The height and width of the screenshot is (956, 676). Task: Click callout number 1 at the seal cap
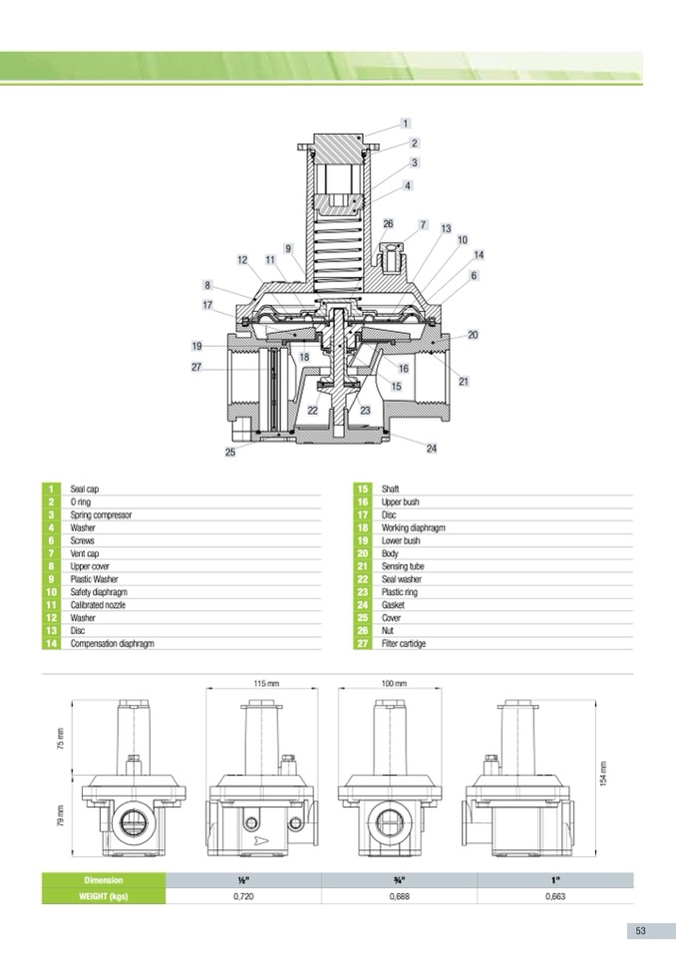tap(406, 124)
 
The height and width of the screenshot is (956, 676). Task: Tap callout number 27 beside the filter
tap(197, 368)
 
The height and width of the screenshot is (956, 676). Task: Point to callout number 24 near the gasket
tap(432, 449)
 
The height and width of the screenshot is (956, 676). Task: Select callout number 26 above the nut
tap(388, 224)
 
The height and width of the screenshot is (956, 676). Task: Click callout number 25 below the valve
tap(230, 453)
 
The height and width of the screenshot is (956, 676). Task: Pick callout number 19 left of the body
tap(197, 346)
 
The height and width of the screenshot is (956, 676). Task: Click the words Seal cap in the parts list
tap(85, 489)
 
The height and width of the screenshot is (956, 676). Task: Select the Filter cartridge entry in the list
tap(404, 644)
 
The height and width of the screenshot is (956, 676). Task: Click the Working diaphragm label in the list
tap(413, 528)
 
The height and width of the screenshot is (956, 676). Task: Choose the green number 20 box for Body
tap(363, 553)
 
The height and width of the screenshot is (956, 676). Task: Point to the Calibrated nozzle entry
tap(98, 605)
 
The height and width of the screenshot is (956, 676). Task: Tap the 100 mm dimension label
tap(395, 683)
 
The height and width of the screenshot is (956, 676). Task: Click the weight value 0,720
tap(242, 897)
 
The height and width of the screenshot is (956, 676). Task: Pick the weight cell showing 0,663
tap(555, 897)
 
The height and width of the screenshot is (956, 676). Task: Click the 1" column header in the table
tap(555, 880)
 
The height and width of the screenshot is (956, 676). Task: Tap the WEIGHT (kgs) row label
tap(103, 897)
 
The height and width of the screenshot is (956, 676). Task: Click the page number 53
tap(641, 930)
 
